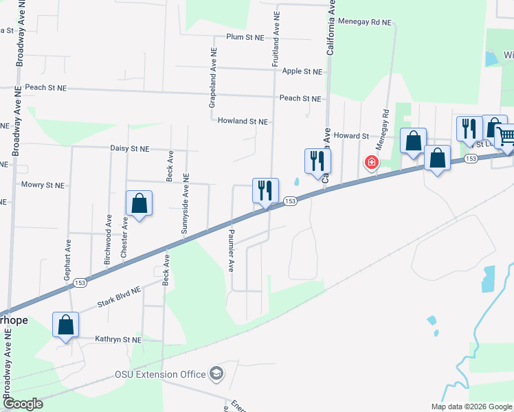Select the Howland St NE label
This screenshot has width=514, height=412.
pyautogui.click(x=243, y=121)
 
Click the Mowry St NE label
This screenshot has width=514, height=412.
pyautogui.click(x=43, y=185)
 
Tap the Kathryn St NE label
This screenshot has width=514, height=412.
pyautogui.click(x=118, y=340)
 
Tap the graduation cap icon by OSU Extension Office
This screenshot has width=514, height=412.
pyautogui.click(x=216, y=374)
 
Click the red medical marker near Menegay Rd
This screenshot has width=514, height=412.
pyautogui.click(x=371, y=163)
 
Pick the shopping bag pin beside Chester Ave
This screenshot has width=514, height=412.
pyautogui.click(x=139, y=203)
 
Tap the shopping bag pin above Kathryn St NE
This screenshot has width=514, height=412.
pyautogui.click(x=66, y=324)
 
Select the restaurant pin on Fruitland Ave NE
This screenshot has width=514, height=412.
pyautogui.click(x=265, y=190)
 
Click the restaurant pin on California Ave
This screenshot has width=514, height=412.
pyautogui.click(x=317, y=161)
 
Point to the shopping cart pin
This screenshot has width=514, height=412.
pyautogui.click(x=505, y=136)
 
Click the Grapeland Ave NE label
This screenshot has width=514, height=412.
pyautogui.click(x=213, y=78)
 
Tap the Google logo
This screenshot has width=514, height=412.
pyautogui.click(x=22, y=404)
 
